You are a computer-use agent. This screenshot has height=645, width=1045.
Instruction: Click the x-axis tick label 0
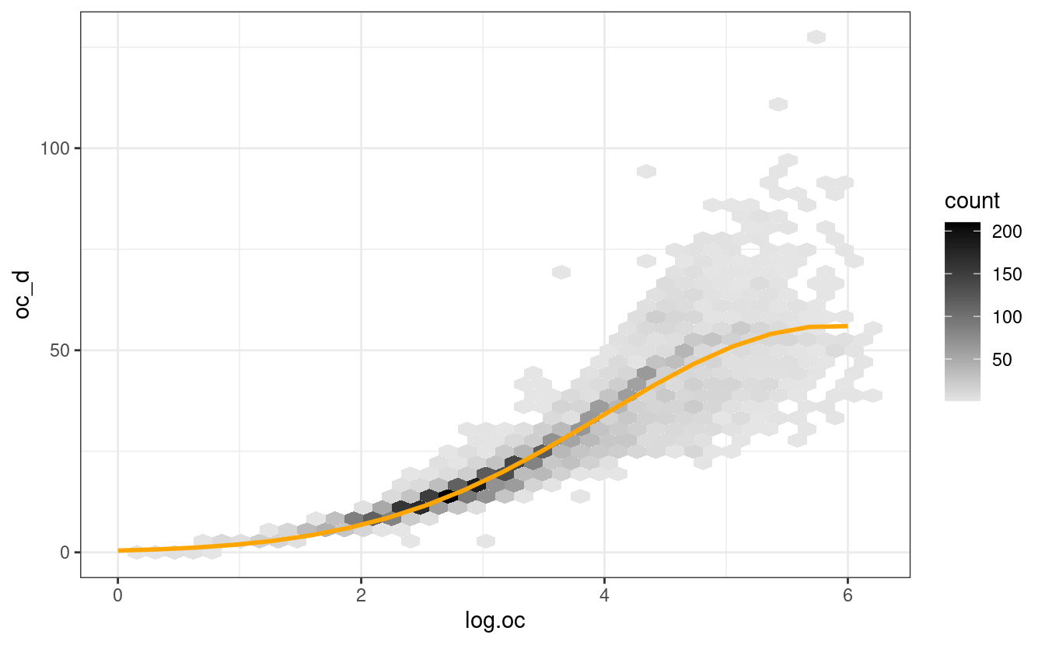117,595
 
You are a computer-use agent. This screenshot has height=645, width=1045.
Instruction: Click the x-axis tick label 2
361,595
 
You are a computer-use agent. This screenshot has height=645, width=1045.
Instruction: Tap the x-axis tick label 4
604,595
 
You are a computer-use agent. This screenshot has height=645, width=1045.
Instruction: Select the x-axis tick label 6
848,595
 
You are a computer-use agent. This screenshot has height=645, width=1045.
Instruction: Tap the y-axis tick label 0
64,552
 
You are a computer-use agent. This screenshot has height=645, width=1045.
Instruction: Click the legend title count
972,201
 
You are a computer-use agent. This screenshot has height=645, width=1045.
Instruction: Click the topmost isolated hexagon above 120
816,37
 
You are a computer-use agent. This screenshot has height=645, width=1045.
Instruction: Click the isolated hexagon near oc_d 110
778,104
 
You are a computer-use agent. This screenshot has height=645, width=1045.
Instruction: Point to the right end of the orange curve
847,326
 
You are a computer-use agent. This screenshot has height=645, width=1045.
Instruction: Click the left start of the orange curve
119,550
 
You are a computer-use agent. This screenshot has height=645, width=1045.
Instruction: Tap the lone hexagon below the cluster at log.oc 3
485,541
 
